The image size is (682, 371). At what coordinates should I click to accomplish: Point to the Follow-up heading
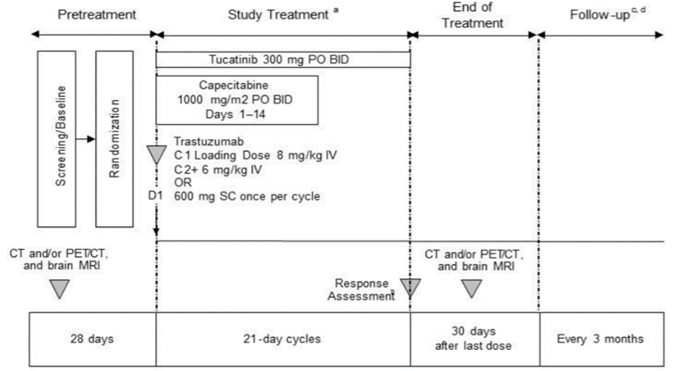pyautogui.click(x=604, y=14)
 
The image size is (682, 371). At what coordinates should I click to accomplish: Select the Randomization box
pyautogui.click(x=115, y=138)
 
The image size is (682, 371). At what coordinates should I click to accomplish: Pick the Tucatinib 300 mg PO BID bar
pyautogui.click(x=283, y=59)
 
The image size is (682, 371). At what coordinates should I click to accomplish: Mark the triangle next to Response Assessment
pyautogui.click(x=410, y=287)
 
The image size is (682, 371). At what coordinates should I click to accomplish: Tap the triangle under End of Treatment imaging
pyautogui.click(x=472, y=288)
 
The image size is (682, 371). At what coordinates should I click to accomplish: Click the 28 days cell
pyautogui.click(x=93, y=340)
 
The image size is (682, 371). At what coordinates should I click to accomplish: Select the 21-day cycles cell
pyautogui.click(x=283, y=340)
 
